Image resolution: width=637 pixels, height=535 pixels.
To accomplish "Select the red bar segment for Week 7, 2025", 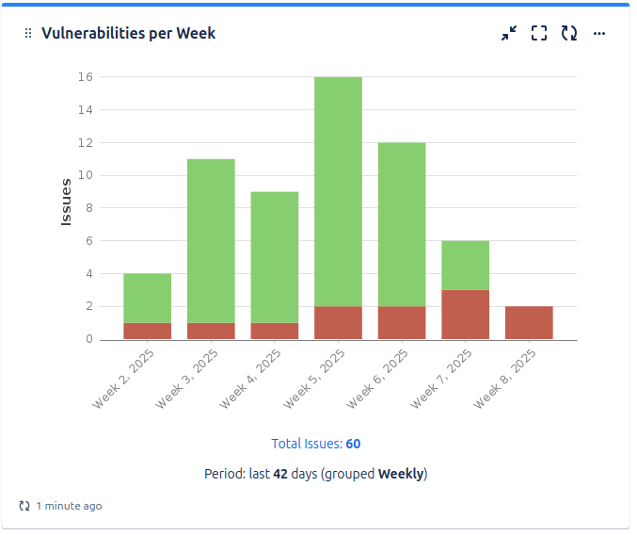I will [465, 314].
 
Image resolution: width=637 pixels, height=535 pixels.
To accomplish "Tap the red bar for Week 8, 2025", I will [529, 322].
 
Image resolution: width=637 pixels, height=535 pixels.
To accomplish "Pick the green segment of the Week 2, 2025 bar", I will [147, 298].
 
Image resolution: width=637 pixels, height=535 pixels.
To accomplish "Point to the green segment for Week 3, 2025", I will [211, 240].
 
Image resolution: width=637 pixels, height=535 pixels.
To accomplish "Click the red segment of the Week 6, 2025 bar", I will [402, 322].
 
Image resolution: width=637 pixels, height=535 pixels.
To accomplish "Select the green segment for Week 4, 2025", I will [275, 257].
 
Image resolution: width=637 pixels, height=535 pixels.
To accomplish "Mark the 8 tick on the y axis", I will [88, 208].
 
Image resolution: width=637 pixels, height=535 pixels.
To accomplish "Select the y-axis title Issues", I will [66, 202].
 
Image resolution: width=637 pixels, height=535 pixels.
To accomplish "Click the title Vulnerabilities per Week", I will [128, 33].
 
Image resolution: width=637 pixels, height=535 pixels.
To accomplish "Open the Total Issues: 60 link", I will [316, 444].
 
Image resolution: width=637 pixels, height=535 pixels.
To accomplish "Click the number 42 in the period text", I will [280, 474].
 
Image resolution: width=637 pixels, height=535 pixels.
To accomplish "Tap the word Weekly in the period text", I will [401, 474].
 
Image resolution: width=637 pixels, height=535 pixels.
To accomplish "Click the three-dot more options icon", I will [599, 33].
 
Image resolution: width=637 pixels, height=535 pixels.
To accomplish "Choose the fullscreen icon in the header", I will [539, 33].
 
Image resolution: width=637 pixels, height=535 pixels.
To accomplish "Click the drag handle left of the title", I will [28, 33].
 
